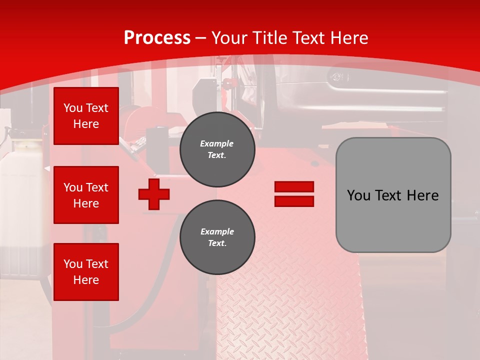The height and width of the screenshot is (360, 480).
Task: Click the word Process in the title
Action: click(157, 37)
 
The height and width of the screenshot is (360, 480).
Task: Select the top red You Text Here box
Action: click(86, 116)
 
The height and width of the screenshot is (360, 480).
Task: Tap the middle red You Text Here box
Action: click(86, 195)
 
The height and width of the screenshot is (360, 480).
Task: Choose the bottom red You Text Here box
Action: click(86, 272)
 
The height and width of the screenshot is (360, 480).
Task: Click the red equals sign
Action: click(294, 194)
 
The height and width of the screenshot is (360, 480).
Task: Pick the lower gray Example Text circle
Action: click(217, 237)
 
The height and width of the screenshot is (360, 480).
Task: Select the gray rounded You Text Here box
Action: click(393, 195)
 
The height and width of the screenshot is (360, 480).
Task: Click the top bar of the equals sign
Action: click(294, 187)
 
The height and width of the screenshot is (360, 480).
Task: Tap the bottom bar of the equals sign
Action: click(294, 201)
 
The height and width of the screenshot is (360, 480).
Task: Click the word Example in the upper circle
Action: click(217, 143)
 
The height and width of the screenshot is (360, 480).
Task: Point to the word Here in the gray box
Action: click(423, 195)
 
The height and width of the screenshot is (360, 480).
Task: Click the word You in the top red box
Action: click(73, 108)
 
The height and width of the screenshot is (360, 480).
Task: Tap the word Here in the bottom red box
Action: click(86, 280)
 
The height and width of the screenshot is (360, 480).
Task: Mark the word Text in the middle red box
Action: click(97, 187)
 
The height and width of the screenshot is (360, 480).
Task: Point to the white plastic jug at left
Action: click(20, 200)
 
